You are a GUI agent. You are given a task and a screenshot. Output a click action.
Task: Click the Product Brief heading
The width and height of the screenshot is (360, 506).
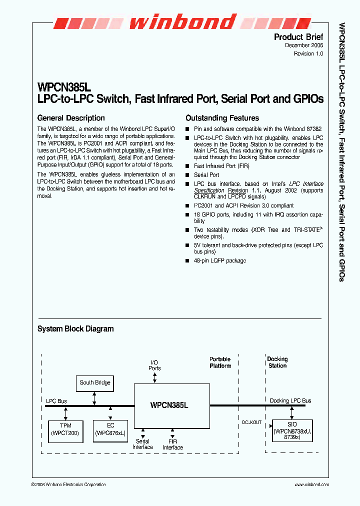coord(298,37)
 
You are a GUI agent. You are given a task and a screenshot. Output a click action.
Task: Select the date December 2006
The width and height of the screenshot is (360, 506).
coord(304,45)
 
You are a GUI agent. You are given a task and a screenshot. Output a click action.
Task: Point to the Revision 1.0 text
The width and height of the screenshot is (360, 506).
coord(308,53)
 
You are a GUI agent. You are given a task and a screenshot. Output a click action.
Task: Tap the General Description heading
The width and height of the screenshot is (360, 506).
coord(71,118)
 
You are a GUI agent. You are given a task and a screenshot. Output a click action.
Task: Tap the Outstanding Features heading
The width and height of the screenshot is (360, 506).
coord(222,118)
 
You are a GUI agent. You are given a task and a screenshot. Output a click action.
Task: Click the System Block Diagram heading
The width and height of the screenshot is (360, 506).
coord(75,329)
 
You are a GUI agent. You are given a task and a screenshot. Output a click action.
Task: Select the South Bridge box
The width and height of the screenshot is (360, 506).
coord(95,383)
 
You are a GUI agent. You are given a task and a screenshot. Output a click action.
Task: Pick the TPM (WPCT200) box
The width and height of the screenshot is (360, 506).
coord(65,429)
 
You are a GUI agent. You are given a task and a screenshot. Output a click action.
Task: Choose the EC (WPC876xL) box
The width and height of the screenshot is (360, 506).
coord(110,429)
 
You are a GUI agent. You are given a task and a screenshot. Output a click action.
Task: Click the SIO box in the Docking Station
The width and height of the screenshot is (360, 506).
coord(292,430)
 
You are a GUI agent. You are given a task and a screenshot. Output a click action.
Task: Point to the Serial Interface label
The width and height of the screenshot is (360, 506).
coord(142,444)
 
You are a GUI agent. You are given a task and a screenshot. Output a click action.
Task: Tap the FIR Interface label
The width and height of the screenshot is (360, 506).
coord(172,444)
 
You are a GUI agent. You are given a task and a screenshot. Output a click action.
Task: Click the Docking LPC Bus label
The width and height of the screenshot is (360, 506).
coord(290,401)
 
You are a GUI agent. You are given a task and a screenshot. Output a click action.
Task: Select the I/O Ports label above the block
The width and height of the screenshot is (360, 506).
coord(154,365)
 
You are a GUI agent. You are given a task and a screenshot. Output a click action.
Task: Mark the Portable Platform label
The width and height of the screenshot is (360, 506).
coord(220,362)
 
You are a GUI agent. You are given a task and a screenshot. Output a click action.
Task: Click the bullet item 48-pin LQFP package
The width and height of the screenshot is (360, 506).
coord(219,260)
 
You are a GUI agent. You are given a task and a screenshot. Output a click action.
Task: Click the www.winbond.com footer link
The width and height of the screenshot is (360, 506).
coord(311,484)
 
